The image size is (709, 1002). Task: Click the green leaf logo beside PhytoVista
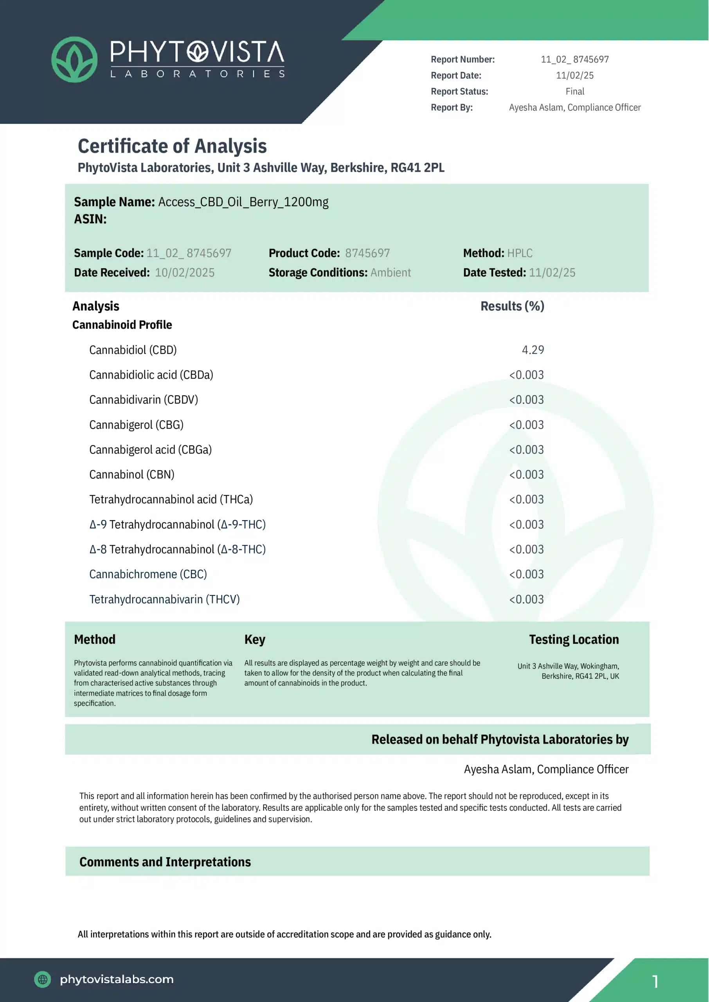(x=74, y=59)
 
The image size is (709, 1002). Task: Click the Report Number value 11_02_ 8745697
(x=574, y=59)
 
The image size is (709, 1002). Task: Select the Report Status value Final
(x=574, y=91)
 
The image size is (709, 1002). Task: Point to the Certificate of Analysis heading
(x=172, y=146)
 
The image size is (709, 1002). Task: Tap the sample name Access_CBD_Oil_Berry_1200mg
(x=243, y=202)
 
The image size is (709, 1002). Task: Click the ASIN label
(x=90, y=219)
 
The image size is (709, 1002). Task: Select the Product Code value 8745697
(x=367, y=253)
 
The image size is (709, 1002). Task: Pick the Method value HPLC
(x=520, y=253)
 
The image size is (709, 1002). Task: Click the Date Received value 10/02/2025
(x=185, y=272)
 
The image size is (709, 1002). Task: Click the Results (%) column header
(x=512, y=306)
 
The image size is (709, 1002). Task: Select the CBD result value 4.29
(x=533, y=350)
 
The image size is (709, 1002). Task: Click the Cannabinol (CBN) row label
(x=132, y=475)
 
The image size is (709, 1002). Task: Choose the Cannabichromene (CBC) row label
(x=148, y=574)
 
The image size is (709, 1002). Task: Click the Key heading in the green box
(x=254, y=639)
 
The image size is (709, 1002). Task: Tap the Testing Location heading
(x=574, y=639)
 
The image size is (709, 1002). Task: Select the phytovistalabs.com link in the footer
(x=117, y=979)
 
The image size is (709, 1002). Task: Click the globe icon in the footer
(x=42, y=979)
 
